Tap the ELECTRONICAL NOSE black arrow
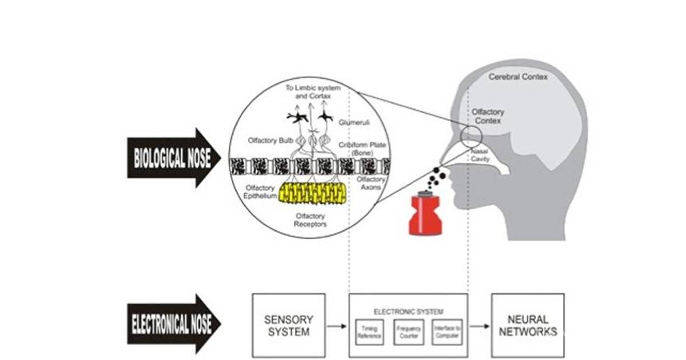[171, 325]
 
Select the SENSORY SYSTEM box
[289, 326]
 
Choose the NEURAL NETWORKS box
[528, 326]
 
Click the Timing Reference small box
[369, 333]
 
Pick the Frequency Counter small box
[409, 333]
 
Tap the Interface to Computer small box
[448, 333]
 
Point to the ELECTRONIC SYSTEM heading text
[408, 311]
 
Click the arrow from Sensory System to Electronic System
[337, 326]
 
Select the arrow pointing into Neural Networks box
[480, 326]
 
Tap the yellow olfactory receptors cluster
[312, 194]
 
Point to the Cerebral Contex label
[518, 76]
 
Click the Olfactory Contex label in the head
[488, 117]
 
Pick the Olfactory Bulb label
[270, 140]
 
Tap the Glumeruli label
[351, 122]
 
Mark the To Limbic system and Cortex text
[313, 92]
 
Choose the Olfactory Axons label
[371, 183]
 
